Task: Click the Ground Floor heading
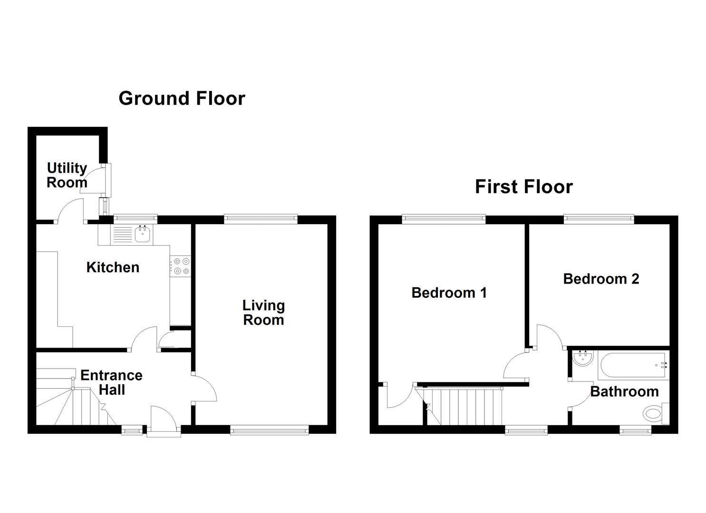click(x=182, y=99)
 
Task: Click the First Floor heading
click(x=524, y=187)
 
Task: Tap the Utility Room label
click(x=67, y=175)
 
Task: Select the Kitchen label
click(x=113, y=267)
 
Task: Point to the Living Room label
click(x=263, y=313)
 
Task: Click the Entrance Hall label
click(x=112, y=383)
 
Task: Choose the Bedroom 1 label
click(x=449, y=293)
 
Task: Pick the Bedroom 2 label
click(x=601, y=279)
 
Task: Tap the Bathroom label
click(x=624, y=392)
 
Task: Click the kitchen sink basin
click(x=143, y=234)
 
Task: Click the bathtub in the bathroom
click(x=634, y=365)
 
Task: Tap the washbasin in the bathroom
click(x=583, y=358)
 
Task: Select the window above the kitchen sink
click(x=135, y=218)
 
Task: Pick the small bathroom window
click(x=635, y=430)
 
